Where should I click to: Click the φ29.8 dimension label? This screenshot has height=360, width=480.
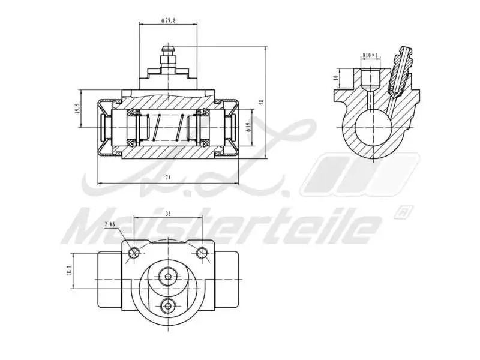click(168, 20)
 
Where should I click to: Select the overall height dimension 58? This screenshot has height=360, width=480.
click(260, 102)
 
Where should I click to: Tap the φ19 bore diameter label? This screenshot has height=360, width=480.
click(248, 127)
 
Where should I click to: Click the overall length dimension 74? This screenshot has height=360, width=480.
click(168, 178)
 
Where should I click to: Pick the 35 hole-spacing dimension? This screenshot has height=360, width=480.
click(168, 213)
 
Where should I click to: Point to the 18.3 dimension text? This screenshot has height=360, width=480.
click(70, 272)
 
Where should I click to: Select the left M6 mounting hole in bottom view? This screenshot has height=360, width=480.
click(134, 252)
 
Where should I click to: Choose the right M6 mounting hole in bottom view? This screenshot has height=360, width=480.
click(203, 252)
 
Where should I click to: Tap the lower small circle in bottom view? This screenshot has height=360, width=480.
click(168, 305)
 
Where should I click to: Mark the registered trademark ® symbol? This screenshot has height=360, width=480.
click(404, 212)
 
